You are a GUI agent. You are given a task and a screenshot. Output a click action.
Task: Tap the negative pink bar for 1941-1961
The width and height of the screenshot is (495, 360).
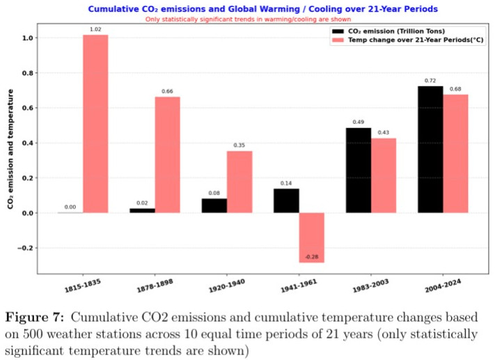tap(311, 237)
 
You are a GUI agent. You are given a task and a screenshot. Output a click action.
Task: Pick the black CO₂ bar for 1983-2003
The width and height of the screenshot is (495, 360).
tap(358, 170)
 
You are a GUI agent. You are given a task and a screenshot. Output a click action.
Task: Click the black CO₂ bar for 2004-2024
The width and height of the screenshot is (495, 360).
tap(430, 149)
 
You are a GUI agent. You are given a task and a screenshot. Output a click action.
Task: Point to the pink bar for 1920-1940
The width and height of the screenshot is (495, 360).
tap(239, 182)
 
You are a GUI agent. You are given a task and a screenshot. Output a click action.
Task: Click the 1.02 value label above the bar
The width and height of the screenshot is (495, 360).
tap(95, 29)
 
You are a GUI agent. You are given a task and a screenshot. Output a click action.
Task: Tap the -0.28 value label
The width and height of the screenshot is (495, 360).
tap(311, 258)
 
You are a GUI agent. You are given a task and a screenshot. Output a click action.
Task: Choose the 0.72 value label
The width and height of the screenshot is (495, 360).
tap(430, 81)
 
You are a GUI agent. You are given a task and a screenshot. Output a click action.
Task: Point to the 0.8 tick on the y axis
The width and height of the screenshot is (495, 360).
tap(26, 73)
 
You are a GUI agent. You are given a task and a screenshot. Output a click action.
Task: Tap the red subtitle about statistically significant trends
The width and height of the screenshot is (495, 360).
tap(255, 19)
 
